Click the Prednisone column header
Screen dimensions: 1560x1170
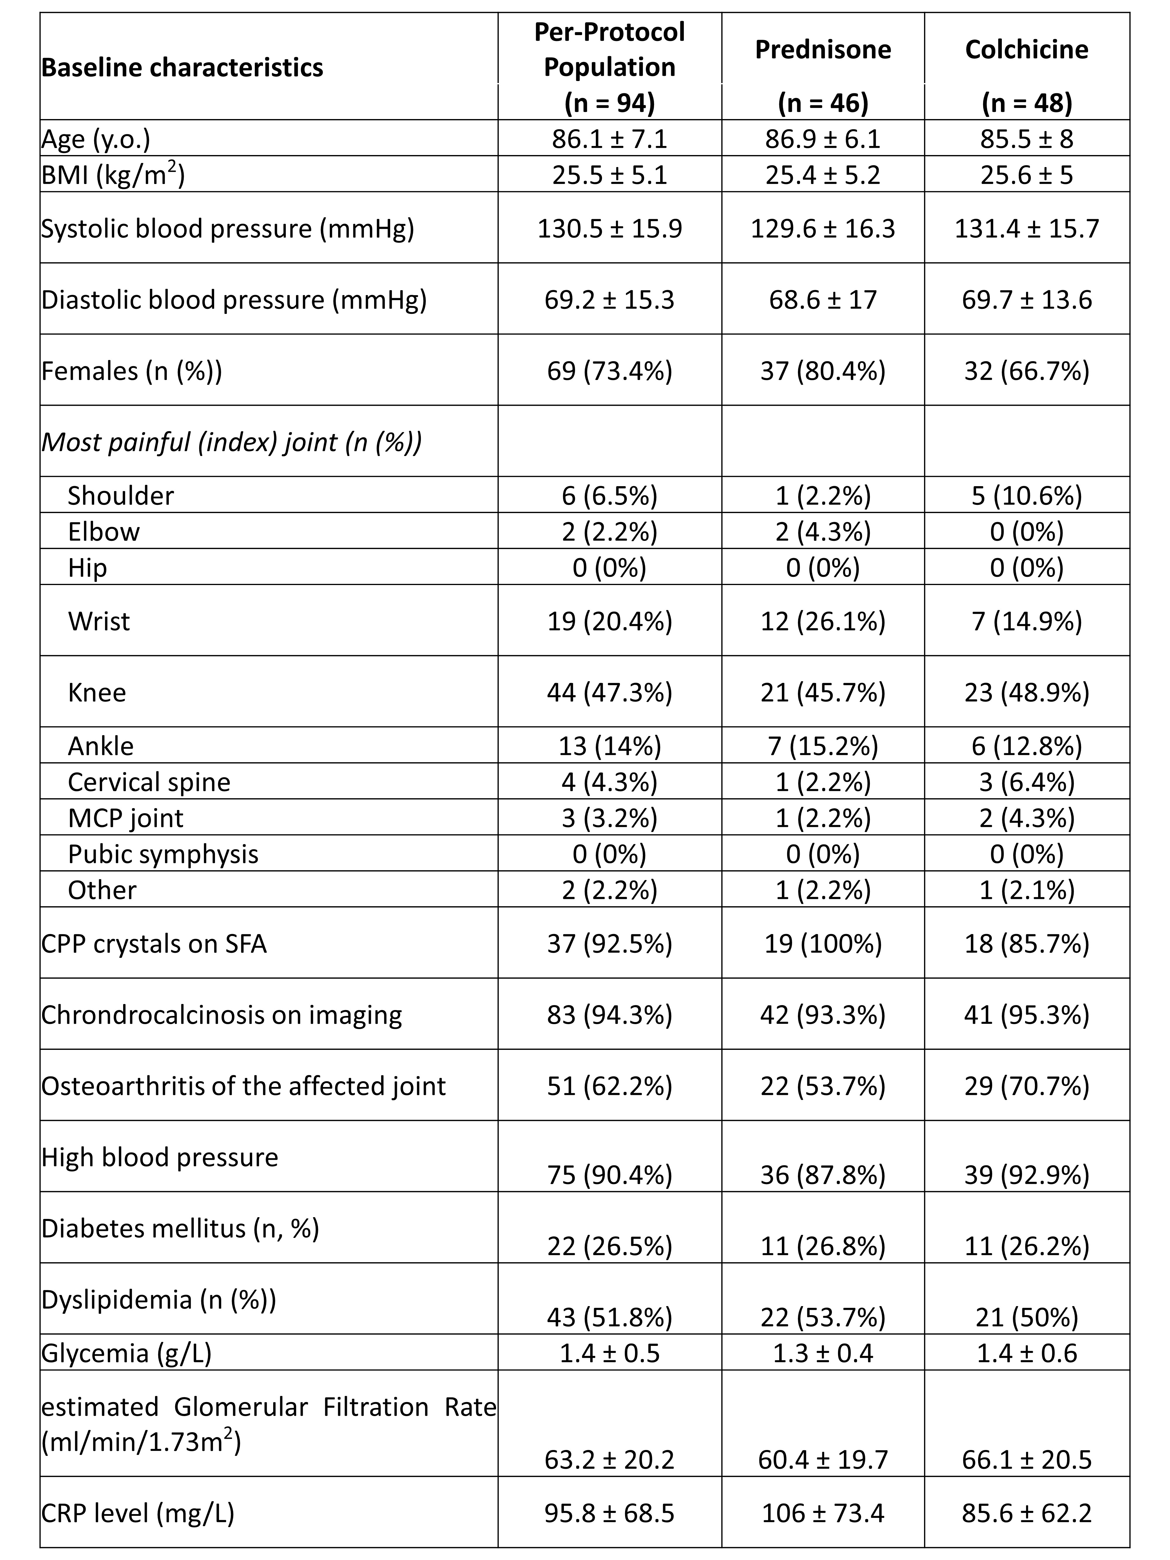[x=822, y=49]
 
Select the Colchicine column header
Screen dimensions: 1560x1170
[x=1026, y=49]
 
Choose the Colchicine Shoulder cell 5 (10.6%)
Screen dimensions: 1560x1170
[x=1026, y=496]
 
